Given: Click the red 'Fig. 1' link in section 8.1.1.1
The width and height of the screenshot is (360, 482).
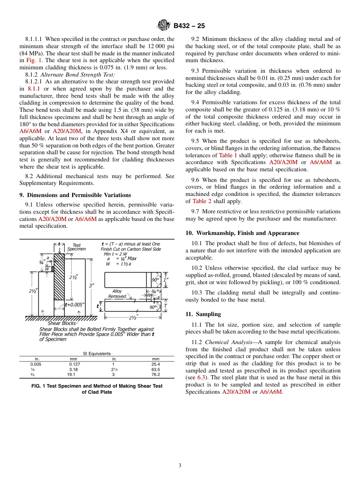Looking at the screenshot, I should pos(34,60).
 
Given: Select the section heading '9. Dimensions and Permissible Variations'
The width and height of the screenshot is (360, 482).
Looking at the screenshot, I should pos(75,195).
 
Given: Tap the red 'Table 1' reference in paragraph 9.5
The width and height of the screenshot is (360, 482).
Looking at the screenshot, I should pos(228,155).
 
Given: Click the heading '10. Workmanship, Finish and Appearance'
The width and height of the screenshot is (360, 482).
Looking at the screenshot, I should pos(242,233).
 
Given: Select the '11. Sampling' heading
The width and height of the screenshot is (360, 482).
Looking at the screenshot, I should pos(203,314).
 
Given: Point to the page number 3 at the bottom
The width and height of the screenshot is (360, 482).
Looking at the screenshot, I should pos(180,466).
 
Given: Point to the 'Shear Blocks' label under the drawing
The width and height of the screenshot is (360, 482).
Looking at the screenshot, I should pos(61,323).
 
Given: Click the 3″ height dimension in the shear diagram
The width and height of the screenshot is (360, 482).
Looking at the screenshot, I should pos(91,286).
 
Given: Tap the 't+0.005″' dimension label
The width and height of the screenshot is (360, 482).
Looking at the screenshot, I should pos(75,304).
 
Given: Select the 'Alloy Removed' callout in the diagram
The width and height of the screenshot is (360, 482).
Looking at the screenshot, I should pos(117,294).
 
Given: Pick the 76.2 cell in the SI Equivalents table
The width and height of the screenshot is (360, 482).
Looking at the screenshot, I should pos(155,374).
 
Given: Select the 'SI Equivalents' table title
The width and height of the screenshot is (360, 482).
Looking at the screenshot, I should pos(97,354).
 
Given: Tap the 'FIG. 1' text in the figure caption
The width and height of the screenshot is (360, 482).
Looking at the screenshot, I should pos(39,386).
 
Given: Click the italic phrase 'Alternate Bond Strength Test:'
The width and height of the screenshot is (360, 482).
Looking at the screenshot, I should pos(77,75).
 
